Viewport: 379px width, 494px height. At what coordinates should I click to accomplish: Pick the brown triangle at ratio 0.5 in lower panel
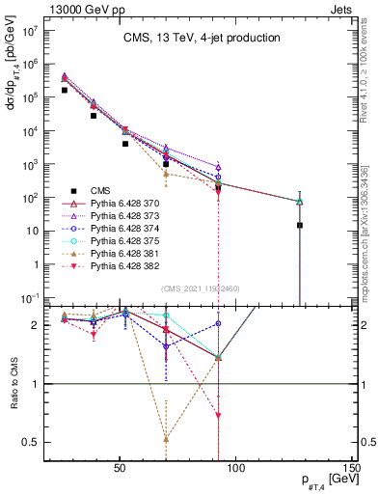click(x=166, y=438)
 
